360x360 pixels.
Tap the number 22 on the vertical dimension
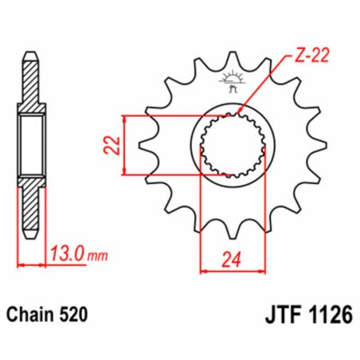tap(112, 144)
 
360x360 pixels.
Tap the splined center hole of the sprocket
tap(231, 145)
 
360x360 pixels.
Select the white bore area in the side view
tap(31, 144)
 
